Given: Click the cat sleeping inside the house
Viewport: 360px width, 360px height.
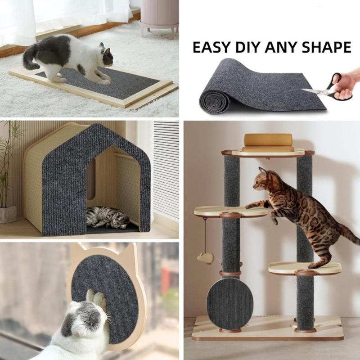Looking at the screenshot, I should tap(107, 217).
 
